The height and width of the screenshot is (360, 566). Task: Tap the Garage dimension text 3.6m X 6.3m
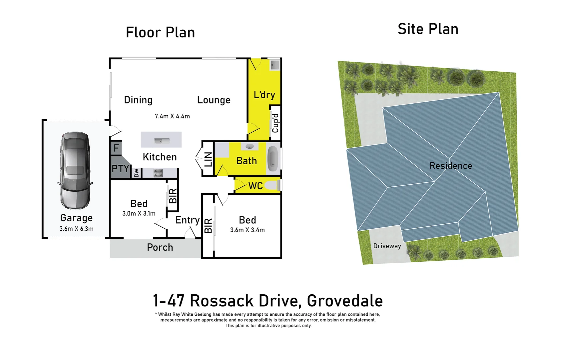76,229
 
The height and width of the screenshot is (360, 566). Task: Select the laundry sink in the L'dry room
275,65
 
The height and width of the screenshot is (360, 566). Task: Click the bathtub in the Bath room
273,159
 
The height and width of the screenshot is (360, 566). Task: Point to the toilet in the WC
272,185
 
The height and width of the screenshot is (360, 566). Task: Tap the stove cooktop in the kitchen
158,173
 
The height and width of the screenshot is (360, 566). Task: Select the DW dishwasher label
136,173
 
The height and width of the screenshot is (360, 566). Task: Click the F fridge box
116,148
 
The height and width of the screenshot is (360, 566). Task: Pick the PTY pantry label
120,168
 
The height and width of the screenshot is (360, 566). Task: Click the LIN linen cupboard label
208,159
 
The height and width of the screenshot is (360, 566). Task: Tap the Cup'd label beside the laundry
275,123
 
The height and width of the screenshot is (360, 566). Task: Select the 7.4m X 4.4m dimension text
172,116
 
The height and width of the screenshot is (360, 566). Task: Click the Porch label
160,247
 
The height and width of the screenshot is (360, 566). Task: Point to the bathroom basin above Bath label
250,146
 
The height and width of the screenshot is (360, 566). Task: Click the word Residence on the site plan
450,166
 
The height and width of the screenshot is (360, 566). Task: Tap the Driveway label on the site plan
387,246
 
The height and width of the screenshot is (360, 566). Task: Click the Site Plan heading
428,29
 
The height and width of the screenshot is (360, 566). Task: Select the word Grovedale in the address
344,301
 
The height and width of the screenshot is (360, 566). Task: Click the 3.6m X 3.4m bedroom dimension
247,230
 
